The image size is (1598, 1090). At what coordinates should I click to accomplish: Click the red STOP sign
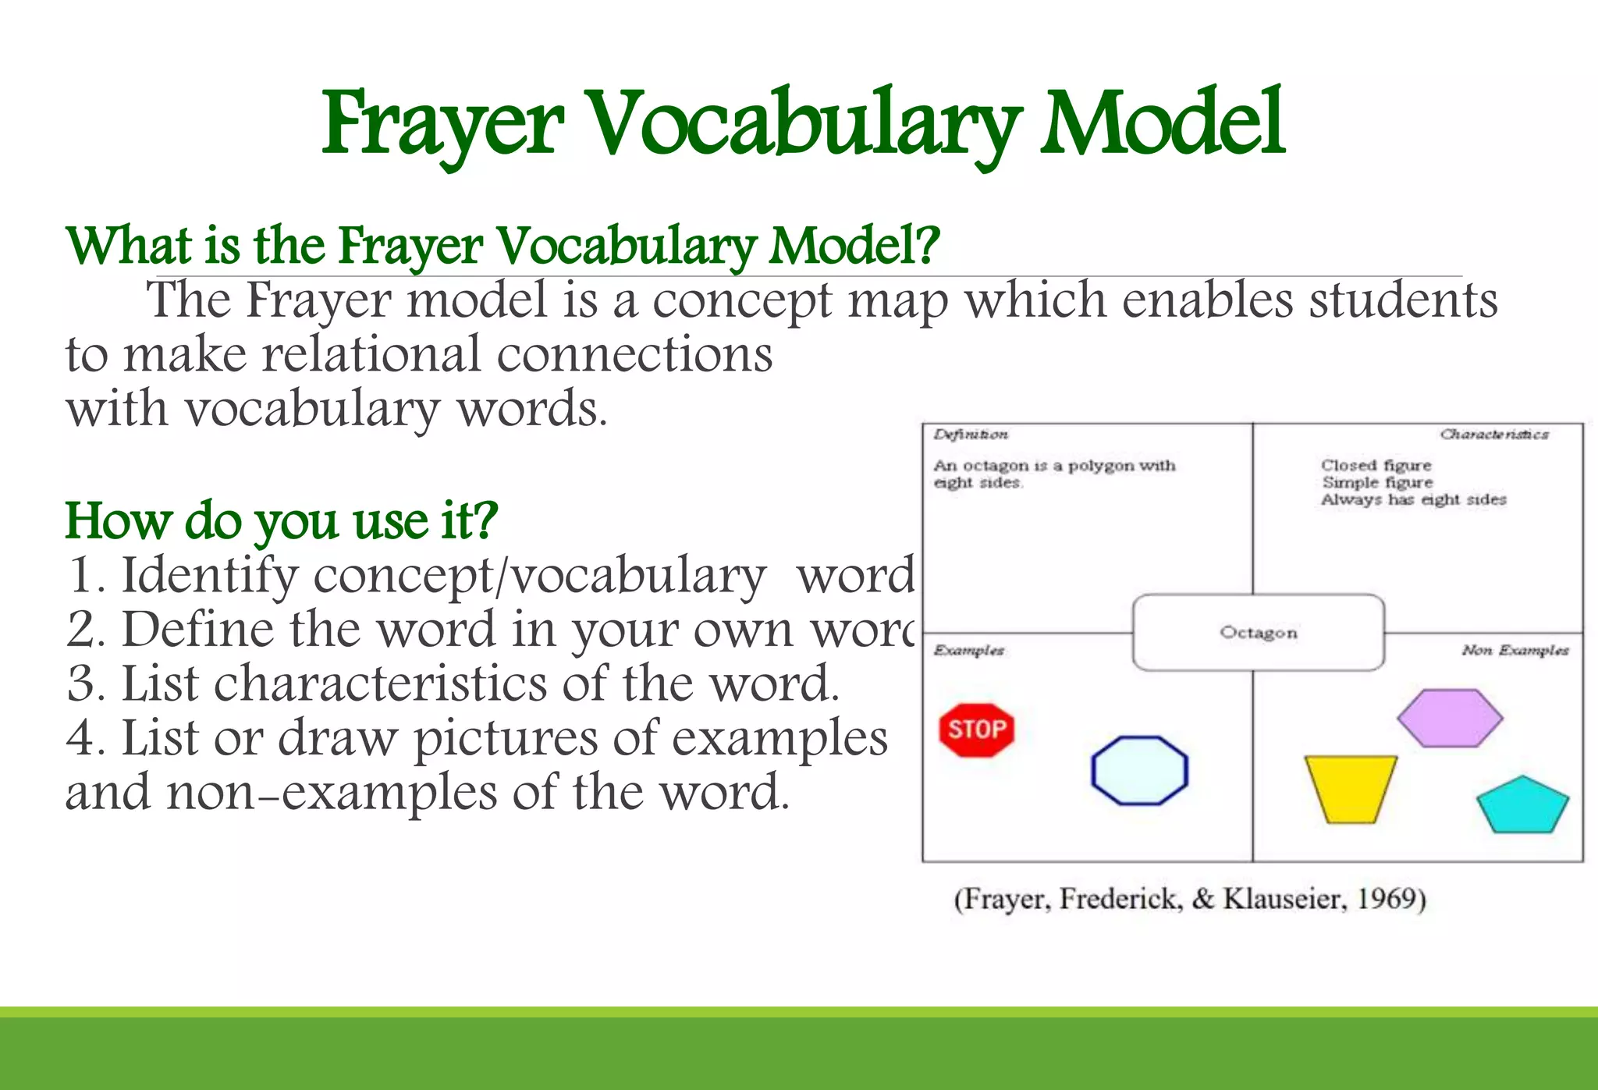click(x=977, y=730)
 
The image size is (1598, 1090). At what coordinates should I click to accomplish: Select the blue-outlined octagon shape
click(x=1139, y=770)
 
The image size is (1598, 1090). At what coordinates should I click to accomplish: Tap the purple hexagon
click(x=1450, y=718)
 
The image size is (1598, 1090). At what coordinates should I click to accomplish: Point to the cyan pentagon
click(x=1522, y=806)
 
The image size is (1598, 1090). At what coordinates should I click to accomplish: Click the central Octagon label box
click(x=1259, y=633)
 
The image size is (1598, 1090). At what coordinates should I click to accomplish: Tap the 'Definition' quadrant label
click(x=971, y=435)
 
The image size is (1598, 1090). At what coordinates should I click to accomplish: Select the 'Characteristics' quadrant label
click(x=1494, y=435)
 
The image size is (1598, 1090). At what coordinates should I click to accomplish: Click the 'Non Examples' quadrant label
click(x=1515, y=651)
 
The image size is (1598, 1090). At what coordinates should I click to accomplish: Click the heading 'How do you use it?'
click(x=281, y=520)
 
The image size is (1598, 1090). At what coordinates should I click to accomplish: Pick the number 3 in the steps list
click(x=81, y=684)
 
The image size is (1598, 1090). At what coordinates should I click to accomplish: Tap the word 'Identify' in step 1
click(x=209, y=577)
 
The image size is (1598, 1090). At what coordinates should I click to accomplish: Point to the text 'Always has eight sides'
click(x=1413, y=500)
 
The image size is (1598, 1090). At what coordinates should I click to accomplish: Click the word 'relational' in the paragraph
click(x=371, y=355)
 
